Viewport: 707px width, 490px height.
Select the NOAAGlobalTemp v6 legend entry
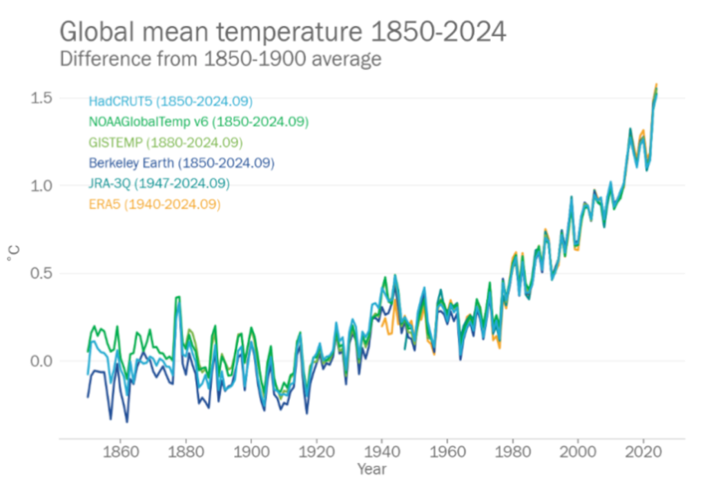pos(198,122)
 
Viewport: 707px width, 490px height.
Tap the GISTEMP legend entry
pos(166,143)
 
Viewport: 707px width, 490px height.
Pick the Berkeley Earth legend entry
pos(182,164)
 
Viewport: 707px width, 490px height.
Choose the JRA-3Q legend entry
pos(159,184)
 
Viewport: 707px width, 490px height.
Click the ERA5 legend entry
pos(155,205)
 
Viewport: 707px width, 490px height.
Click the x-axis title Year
pos(372,471)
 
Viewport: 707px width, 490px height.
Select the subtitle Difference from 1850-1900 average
pos(220,59)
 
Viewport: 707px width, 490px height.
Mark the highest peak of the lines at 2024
pos(656,84)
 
